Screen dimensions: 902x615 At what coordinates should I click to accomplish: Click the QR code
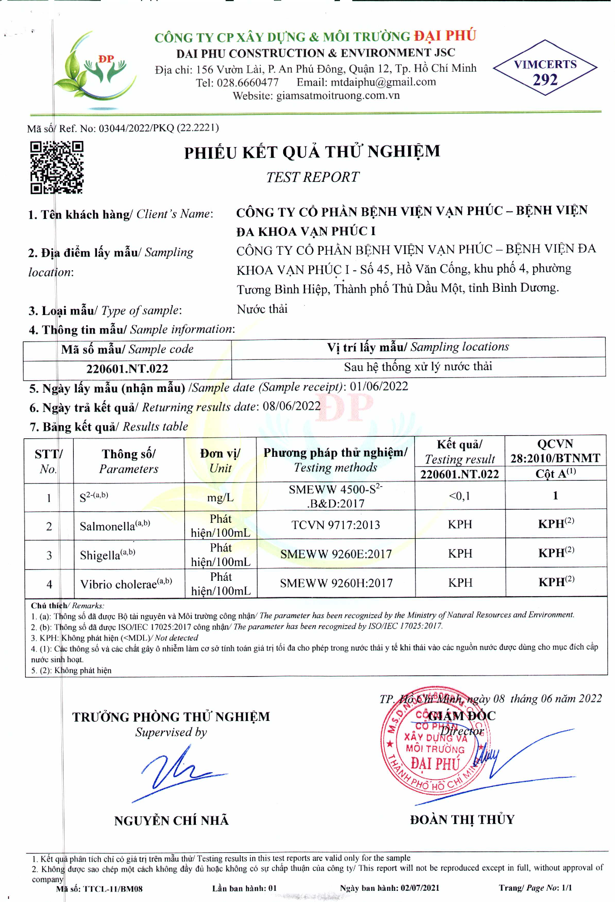(57, 167)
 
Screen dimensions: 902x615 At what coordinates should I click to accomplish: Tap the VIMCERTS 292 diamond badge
(545, 68)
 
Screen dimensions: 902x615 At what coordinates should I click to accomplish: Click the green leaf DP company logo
(95, 68)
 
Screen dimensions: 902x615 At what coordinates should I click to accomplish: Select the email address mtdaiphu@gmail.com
(383, 82)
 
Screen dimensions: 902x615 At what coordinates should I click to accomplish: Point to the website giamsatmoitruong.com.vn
(338, 95)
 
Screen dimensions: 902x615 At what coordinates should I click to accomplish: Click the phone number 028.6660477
(247, 83)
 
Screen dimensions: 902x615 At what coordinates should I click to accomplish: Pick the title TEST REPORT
(313, 177)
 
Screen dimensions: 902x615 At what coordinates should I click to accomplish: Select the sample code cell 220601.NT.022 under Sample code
(127, 368)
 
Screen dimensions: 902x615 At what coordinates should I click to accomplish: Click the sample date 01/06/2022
(379, 386)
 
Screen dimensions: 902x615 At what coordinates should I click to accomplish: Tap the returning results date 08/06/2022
(292, 406)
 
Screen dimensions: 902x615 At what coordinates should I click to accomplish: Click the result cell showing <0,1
(459, 496)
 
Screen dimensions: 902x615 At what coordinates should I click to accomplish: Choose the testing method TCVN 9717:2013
(335, 525)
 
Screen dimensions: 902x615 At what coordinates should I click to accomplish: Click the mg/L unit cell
(220, 497)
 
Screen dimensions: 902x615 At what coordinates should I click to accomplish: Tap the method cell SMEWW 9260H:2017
(336, 583)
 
